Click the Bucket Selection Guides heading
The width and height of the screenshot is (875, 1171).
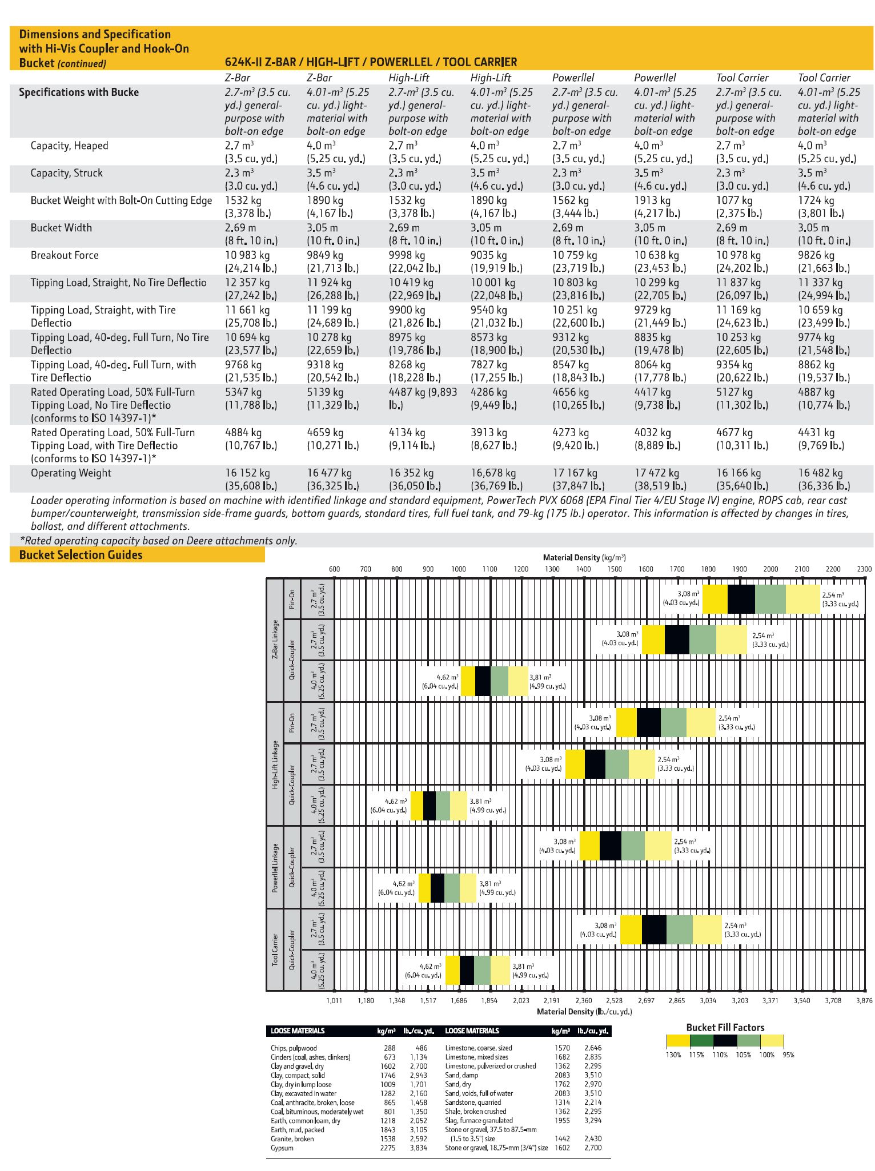[81, 555]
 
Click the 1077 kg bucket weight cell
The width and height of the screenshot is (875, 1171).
[734, 200]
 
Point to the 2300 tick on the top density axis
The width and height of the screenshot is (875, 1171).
[864, 569]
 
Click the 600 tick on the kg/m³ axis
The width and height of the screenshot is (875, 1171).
[334, 569]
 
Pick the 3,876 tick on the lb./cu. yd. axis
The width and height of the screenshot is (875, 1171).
[864, 1000]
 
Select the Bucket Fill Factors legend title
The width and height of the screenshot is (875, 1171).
[725, 1028]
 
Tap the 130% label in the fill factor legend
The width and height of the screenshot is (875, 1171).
[673, 1055]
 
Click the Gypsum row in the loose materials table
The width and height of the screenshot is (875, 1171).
[282, 1148]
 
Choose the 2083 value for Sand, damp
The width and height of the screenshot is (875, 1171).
[562, 1075]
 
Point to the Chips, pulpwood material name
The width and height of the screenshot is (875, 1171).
[294, 1048]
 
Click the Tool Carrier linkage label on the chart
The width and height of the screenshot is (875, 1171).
[275, 949]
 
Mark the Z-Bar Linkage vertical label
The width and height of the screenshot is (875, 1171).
[275, 639]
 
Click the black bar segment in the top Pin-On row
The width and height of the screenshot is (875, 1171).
[741, 599]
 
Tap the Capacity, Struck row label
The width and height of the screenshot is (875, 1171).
[67, 173]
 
